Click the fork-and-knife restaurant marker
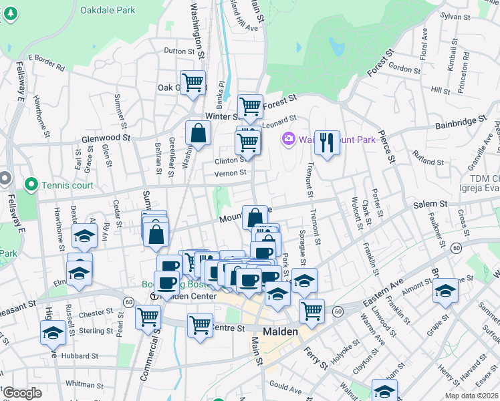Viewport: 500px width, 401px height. point(327,143)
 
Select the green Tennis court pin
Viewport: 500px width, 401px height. point(31,184)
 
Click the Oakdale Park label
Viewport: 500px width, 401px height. point(107,11)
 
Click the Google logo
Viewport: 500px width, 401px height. point(21,393)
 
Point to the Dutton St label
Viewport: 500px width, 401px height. point(178,51)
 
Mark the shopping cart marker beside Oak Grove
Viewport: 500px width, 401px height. point(193,82)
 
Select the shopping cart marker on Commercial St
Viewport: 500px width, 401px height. point(148,316)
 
